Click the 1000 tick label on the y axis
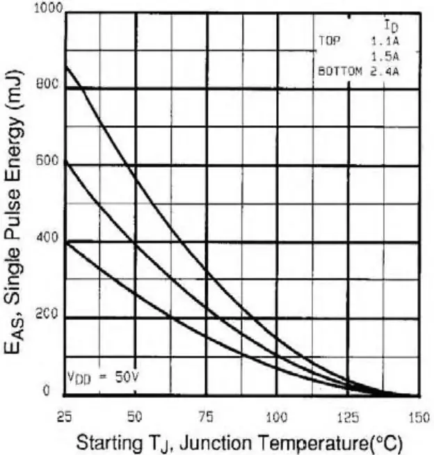pyautogui.click(x=51, y=10)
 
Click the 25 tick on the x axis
pyautogui.click(x=65, y=417)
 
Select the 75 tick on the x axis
pyautogui.click(x=206, y=417)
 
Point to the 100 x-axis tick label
pyautogui.click(x=277, y=417)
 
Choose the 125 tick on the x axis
pyautogui.click(x=347, y=417)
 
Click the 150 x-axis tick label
pyautogui.click(x=418, y=417)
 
